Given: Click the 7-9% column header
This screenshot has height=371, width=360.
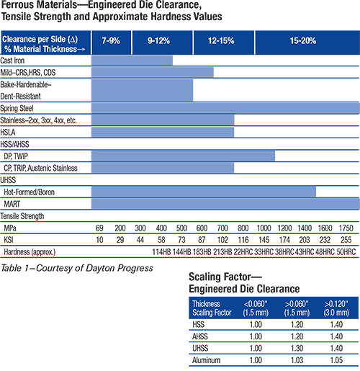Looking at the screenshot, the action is [x=111, y=40].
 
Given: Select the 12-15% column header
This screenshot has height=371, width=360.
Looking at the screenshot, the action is [x=221, y=40].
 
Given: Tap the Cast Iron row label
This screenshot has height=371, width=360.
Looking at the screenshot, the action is [x=12, y=61].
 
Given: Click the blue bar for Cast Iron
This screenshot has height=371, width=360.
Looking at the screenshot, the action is [x=132, y=61].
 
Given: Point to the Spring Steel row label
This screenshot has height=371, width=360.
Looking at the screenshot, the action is [x=17, y=108].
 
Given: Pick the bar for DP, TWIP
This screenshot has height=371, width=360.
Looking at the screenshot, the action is [x=183, y=156].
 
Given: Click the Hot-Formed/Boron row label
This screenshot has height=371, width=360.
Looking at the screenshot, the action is [x=30, y=192].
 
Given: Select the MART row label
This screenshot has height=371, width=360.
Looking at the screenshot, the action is [x=12, y=204].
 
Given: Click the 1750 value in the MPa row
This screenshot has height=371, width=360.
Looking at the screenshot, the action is [x=346, y=228].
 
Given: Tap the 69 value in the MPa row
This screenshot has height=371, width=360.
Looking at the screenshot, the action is [x=99, y=228].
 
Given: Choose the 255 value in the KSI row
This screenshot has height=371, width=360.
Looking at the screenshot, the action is [x=346, y=240].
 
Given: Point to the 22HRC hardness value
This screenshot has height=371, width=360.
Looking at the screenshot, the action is [x=243, y=252].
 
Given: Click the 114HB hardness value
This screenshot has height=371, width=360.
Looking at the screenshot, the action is [x=161, y=252].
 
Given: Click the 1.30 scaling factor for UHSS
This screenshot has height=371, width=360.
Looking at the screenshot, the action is [x=297, y=348].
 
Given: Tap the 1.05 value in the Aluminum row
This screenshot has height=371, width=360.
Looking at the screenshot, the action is [x=336, y=360].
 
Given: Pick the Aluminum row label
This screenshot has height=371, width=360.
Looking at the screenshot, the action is [x=206, y=360].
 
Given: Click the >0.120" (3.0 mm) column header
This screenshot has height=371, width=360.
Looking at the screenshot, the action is [x=336, y=308].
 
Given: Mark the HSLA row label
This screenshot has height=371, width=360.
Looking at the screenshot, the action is [x=8, y=133].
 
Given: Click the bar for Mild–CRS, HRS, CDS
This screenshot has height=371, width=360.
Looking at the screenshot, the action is [x=153, y=72].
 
